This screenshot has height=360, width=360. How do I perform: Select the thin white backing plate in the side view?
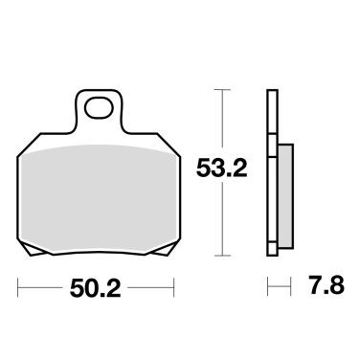pyautogui.click(x=273, y=172)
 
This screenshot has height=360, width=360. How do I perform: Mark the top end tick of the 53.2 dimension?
pyautogui.click(x=223, y=91)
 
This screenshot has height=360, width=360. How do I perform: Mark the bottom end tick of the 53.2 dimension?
pyautogui.click(x=223, y=256)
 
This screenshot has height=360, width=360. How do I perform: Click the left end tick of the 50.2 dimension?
pyautogui.click(x=18, y=287)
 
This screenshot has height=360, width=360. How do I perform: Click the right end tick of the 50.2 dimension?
pyautogui.click(x=173, y=287)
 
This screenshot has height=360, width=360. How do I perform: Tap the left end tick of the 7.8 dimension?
pyautogui.click(x=268, y=287)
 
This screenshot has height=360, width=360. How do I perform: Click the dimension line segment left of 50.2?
pyautogui.click(x=43, y=287)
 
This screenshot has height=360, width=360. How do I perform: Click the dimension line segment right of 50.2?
pyautogui.click(x=150, y=287)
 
